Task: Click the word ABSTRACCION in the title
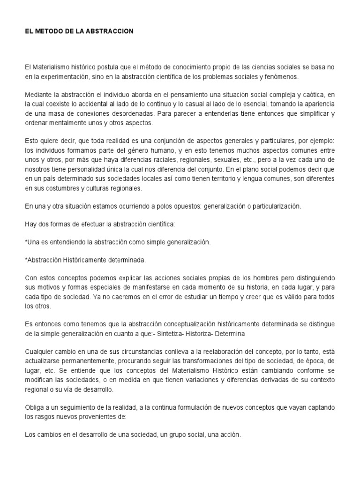coord(112,31)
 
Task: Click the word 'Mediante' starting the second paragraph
coord(38,94)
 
